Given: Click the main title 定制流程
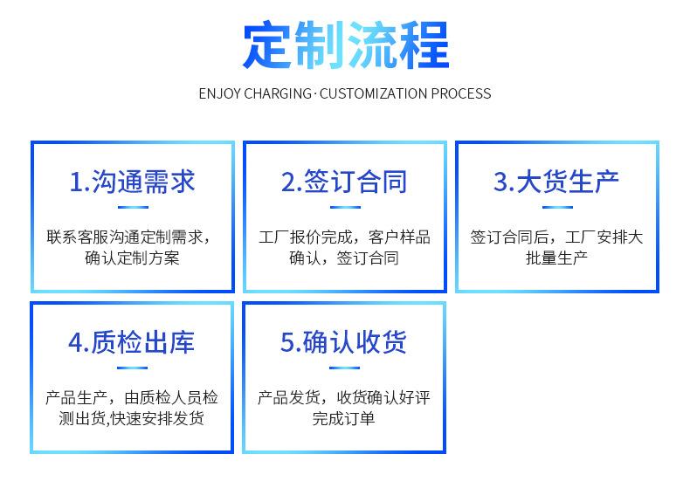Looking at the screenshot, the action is [346, 45].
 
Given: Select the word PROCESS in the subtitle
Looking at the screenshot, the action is [461, 93].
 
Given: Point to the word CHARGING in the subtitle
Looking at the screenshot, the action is [277, 93].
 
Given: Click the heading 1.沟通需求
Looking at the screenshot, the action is [132, 182].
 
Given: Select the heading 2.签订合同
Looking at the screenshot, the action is [344, 182].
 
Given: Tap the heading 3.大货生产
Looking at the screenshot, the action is [556, 182].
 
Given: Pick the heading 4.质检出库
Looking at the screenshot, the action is [131, 342].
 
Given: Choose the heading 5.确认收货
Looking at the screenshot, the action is [343, 342].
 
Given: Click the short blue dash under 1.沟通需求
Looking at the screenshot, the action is [133, 207].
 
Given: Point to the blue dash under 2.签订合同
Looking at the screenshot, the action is [345, 207].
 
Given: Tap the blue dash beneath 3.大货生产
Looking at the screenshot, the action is [557, 207].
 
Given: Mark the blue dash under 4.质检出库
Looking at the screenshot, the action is [132, 368].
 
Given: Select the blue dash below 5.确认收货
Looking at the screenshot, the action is [344, 368].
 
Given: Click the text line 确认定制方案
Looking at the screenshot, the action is [132, 258].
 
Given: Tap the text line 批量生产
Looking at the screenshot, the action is [556, 258].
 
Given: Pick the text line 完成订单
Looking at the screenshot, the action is [343, 418].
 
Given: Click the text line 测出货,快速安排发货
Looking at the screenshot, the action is [131, 418].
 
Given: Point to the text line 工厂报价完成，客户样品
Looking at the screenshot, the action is [344, 237].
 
